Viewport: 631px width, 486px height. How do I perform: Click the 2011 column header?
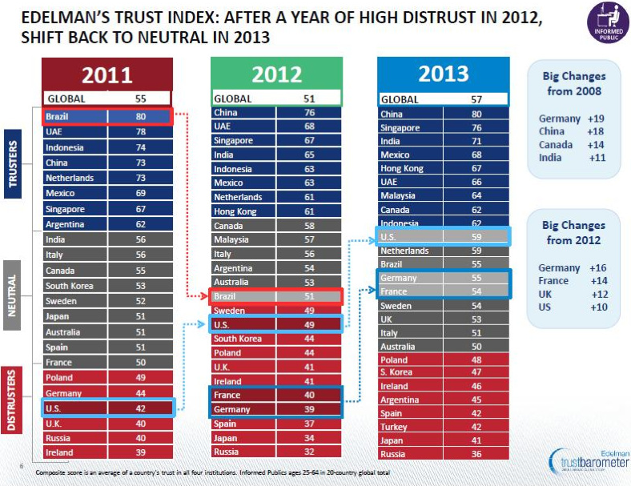[107, 75]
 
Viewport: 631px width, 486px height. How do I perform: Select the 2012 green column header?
[276, 74]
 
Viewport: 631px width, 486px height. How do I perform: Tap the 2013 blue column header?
[443, 74]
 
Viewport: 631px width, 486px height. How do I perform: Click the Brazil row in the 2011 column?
[107, 117]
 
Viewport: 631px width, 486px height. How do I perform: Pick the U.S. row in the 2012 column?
[276, 323]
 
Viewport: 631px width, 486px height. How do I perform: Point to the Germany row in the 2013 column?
[443, 277]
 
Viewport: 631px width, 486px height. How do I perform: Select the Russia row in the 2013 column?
[443, 454]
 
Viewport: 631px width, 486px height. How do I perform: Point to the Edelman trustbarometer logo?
[589, 463]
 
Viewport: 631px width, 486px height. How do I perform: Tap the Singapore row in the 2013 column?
[443, 128]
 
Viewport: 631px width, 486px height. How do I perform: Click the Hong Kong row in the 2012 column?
[276, 211]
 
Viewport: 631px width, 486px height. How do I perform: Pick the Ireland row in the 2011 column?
[107, 452]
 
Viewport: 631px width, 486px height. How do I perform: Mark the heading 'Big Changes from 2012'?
[573, 232]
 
